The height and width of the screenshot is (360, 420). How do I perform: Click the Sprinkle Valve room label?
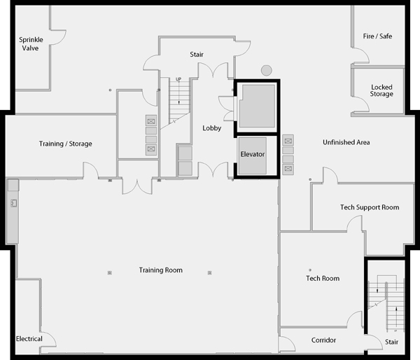pos(31,44)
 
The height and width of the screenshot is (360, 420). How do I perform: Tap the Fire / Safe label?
pos(377,36)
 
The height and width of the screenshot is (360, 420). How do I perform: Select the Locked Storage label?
pos(381,90)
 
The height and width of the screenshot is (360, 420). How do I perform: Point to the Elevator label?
pos(253,154)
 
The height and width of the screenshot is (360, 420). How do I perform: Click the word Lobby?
pos(212,128)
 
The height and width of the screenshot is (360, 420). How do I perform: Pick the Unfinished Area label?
pos(346,142)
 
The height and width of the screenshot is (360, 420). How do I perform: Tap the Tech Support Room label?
pos(370,207)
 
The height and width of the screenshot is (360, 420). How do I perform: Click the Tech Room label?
pos(323,279)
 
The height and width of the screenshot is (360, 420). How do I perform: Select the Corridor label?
pos(323,340)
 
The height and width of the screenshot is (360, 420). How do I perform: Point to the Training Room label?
pos(161,270)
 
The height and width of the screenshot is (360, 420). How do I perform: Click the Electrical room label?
pos(29,339)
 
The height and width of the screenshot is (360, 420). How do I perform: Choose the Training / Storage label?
pos(66,144)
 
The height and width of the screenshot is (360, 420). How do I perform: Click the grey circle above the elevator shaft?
pos(267,71)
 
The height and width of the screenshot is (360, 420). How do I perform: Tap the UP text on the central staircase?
pos(178,79)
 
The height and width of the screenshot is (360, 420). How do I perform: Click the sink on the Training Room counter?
pos(14,203)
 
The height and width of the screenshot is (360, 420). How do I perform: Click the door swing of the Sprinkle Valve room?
pos(62,39)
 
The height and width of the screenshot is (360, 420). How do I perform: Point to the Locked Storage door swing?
pos(365,101)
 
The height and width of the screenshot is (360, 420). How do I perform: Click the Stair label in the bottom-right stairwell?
pos(391,342)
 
